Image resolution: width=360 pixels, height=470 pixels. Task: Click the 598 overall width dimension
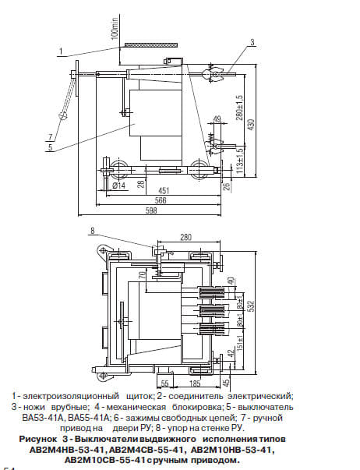click(x=152, y=210)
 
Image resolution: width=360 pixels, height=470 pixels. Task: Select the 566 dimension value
click(x=161, y=200)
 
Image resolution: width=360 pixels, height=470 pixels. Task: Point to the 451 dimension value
click(x=164, y=190)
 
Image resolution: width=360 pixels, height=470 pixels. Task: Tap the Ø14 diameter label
click(x=119, y=186)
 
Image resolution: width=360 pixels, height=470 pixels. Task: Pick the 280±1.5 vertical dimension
click(x=240, y=108)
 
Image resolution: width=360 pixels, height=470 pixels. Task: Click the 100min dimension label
click(x=115, y=28)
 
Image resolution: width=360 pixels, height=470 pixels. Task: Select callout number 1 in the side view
click(x=61, y=51)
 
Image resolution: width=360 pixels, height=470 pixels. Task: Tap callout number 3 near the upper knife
click(x=252, y=42)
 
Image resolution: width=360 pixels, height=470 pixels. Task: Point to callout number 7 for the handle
click(x=50, y=137)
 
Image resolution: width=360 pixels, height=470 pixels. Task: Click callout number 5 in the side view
click(x=50, y=147)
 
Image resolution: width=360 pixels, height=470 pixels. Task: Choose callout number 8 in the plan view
click(x=93, y=231)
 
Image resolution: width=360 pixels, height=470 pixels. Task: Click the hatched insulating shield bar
click(x=151, y=45)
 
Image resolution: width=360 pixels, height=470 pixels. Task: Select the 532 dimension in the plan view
click(x=252, y=306)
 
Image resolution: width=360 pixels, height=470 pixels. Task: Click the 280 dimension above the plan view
click(x=186, y=238)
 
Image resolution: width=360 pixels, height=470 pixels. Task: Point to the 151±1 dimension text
click(x=240, y=342)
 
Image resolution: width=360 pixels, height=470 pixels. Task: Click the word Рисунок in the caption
click(x=38, y=439)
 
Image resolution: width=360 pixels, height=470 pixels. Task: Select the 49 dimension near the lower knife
click(x=217, y=119)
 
